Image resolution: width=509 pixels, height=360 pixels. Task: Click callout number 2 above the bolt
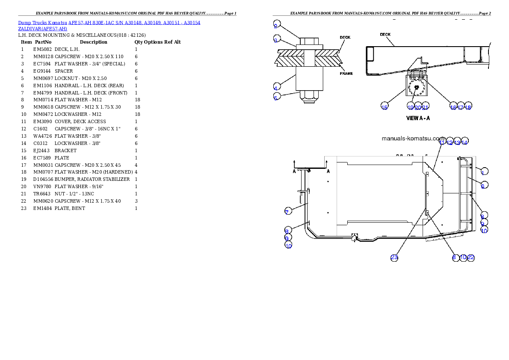[277, 24]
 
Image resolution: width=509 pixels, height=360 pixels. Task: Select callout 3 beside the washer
[277, 40]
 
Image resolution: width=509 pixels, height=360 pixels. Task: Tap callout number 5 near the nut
[277, 97]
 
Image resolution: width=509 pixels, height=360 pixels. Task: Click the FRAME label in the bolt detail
[346, 74]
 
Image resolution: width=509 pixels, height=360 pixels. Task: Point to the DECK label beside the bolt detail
[345, 38]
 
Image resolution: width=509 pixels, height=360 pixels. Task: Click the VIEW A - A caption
[417, 118]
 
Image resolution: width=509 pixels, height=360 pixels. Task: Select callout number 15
[385, 107]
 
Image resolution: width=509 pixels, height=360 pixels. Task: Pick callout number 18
[468, 107]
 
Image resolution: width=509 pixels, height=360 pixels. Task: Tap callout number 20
[418, 107]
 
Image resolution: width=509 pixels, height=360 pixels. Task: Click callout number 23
[394, 257]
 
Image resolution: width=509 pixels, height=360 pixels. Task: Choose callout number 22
[471, 257]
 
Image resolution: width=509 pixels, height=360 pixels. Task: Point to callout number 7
[288, 211]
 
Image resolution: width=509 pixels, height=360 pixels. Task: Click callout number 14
[465, 142]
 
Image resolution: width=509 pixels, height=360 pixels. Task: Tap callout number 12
[450, 142]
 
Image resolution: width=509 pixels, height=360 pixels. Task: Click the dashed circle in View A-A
[416, 89]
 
